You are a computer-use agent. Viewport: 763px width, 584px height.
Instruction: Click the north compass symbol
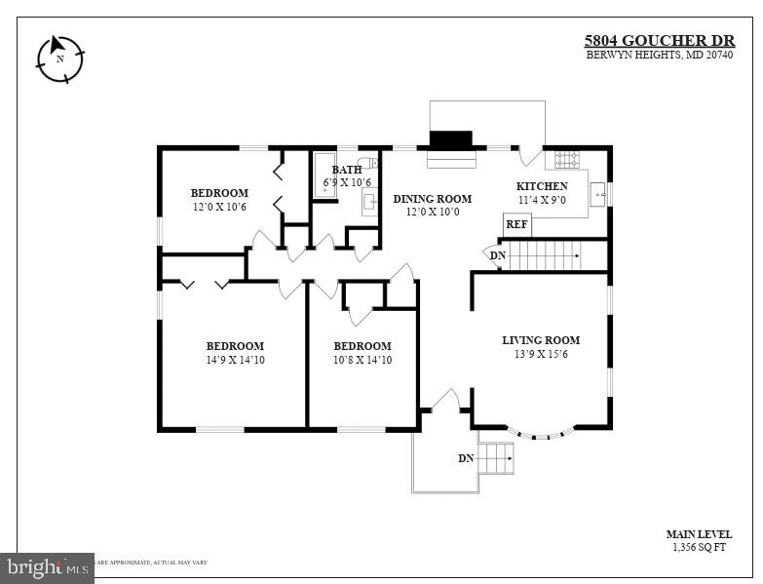[60, 58]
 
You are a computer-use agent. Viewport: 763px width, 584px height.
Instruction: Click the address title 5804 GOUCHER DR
[659, 40]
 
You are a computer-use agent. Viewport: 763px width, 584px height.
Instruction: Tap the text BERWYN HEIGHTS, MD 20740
[660, 55]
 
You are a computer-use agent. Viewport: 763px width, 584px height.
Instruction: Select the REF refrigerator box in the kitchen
[517, 224]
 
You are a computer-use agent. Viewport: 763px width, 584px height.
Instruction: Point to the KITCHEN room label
[542, 186]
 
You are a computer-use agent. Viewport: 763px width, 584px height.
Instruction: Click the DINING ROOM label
[433, 199]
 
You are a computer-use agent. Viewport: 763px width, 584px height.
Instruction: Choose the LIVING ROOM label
[541, 340]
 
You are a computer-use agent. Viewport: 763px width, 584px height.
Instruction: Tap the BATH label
[347, 170]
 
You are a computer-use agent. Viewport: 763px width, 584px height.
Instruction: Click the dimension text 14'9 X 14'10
[235, 360]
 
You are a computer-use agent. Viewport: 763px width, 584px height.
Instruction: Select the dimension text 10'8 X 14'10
[362, 360]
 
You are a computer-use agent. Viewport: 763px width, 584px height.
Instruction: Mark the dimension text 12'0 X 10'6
[219, 207]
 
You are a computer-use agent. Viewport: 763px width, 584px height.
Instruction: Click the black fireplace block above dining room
[451, 138]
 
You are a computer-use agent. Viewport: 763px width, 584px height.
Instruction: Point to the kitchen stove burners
[567, 158]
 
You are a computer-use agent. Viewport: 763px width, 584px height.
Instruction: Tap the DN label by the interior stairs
[498, 255]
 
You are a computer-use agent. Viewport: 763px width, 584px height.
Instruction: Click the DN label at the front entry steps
[467, 458]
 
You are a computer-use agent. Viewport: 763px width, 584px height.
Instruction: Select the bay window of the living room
[541, 433]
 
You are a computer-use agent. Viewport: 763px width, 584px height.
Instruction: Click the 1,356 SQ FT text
[699, 548]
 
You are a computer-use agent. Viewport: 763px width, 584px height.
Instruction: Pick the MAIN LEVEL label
[699, 534]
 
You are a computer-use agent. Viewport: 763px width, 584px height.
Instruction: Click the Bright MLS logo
[47, 566]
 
